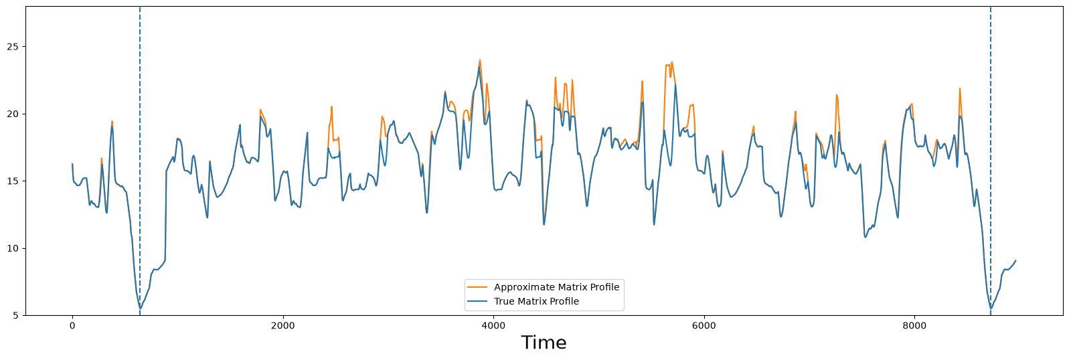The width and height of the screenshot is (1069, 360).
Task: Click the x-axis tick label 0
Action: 72,326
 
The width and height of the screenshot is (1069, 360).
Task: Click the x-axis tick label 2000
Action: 283,326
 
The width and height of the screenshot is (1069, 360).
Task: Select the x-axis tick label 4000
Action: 493,326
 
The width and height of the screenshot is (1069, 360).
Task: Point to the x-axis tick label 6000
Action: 704,326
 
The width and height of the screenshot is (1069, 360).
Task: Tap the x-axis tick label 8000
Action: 915,326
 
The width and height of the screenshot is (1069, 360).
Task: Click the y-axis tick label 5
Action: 17,316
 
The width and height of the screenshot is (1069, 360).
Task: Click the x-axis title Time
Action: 544,343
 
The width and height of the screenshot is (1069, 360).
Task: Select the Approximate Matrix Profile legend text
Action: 556,287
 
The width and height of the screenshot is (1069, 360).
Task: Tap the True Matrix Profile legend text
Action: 536,301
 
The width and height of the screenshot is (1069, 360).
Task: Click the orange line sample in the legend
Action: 477,287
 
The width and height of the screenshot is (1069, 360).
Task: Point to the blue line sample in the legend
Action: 477,301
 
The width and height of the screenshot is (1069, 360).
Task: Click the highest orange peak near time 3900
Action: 480,60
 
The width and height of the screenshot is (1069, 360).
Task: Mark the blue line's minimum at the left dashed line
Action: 140,308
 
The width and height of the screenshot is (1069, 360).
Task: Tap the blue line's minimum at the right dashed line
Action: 990,308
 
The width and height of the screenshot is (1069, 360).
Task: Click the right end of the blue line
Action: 1015,260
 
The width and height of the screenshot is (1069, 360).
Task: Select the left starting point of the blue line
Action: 72,164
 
